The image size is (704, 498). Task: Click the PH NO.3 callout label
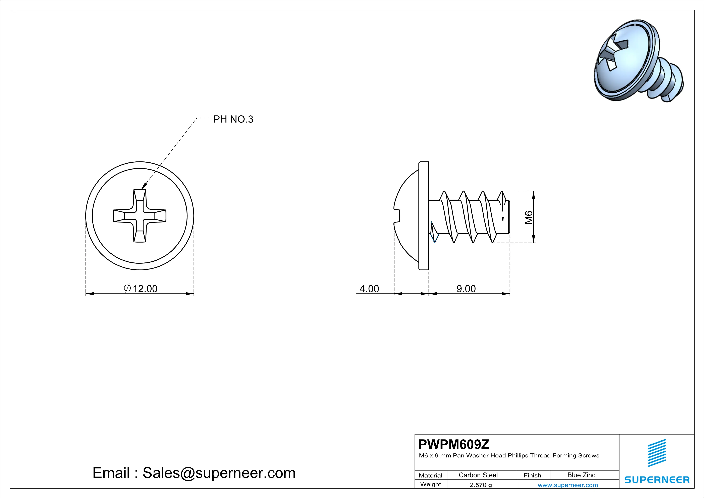pyautogui.click(x=233, y=119)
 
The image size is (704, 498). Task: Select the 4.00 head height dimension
pyautogui.click(x=369, y=289)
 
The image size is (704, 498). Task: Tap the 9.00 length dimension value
pyautogui.click(x=466, y=289)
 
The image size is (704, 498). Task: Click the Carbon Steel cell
pyautogui.click(x=478, y=475)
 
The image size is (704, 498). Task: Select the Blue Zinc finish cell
pyautogui.click(x=581, y=475)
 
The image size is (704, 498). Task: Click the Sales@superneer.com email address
pyautogui.click(x=219, y=473)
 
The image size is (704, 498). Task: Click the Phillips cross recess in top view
pyautogui.click(x=140, y=216)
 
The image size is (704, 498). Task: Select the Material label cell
pyautogui.click(x=431, y=475)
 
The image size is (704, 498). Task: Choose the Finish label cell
pyautogui.click(x=532, y=475)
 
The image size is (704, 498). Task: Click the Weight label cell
pyautogui.click(x=431, y=484)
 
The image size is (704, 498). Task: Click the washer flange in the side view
pyautogui.click(x=424, y=216)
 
